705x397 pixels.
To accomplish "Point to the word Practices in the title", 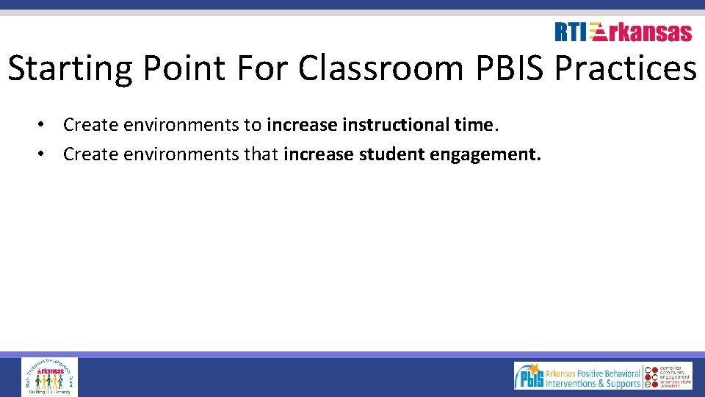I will point(625,68).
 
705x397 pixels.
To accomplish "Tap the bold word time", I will point(474,125).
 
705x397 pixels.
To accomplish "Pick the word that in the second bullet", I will point(263,154).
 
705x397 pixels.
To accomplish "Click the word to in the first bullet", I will point(253,125).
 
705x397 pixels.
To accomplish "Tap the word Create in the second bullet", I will point(86,154).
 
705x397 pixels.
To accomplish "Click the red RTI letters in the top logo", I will point(571,32).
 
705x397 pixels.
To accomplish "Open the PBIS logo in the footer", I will point(529,376).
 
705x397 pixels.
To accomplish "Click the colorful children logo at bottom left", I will point(49,377).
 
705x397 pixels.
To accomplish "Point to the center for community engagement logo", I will point(668,376).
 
